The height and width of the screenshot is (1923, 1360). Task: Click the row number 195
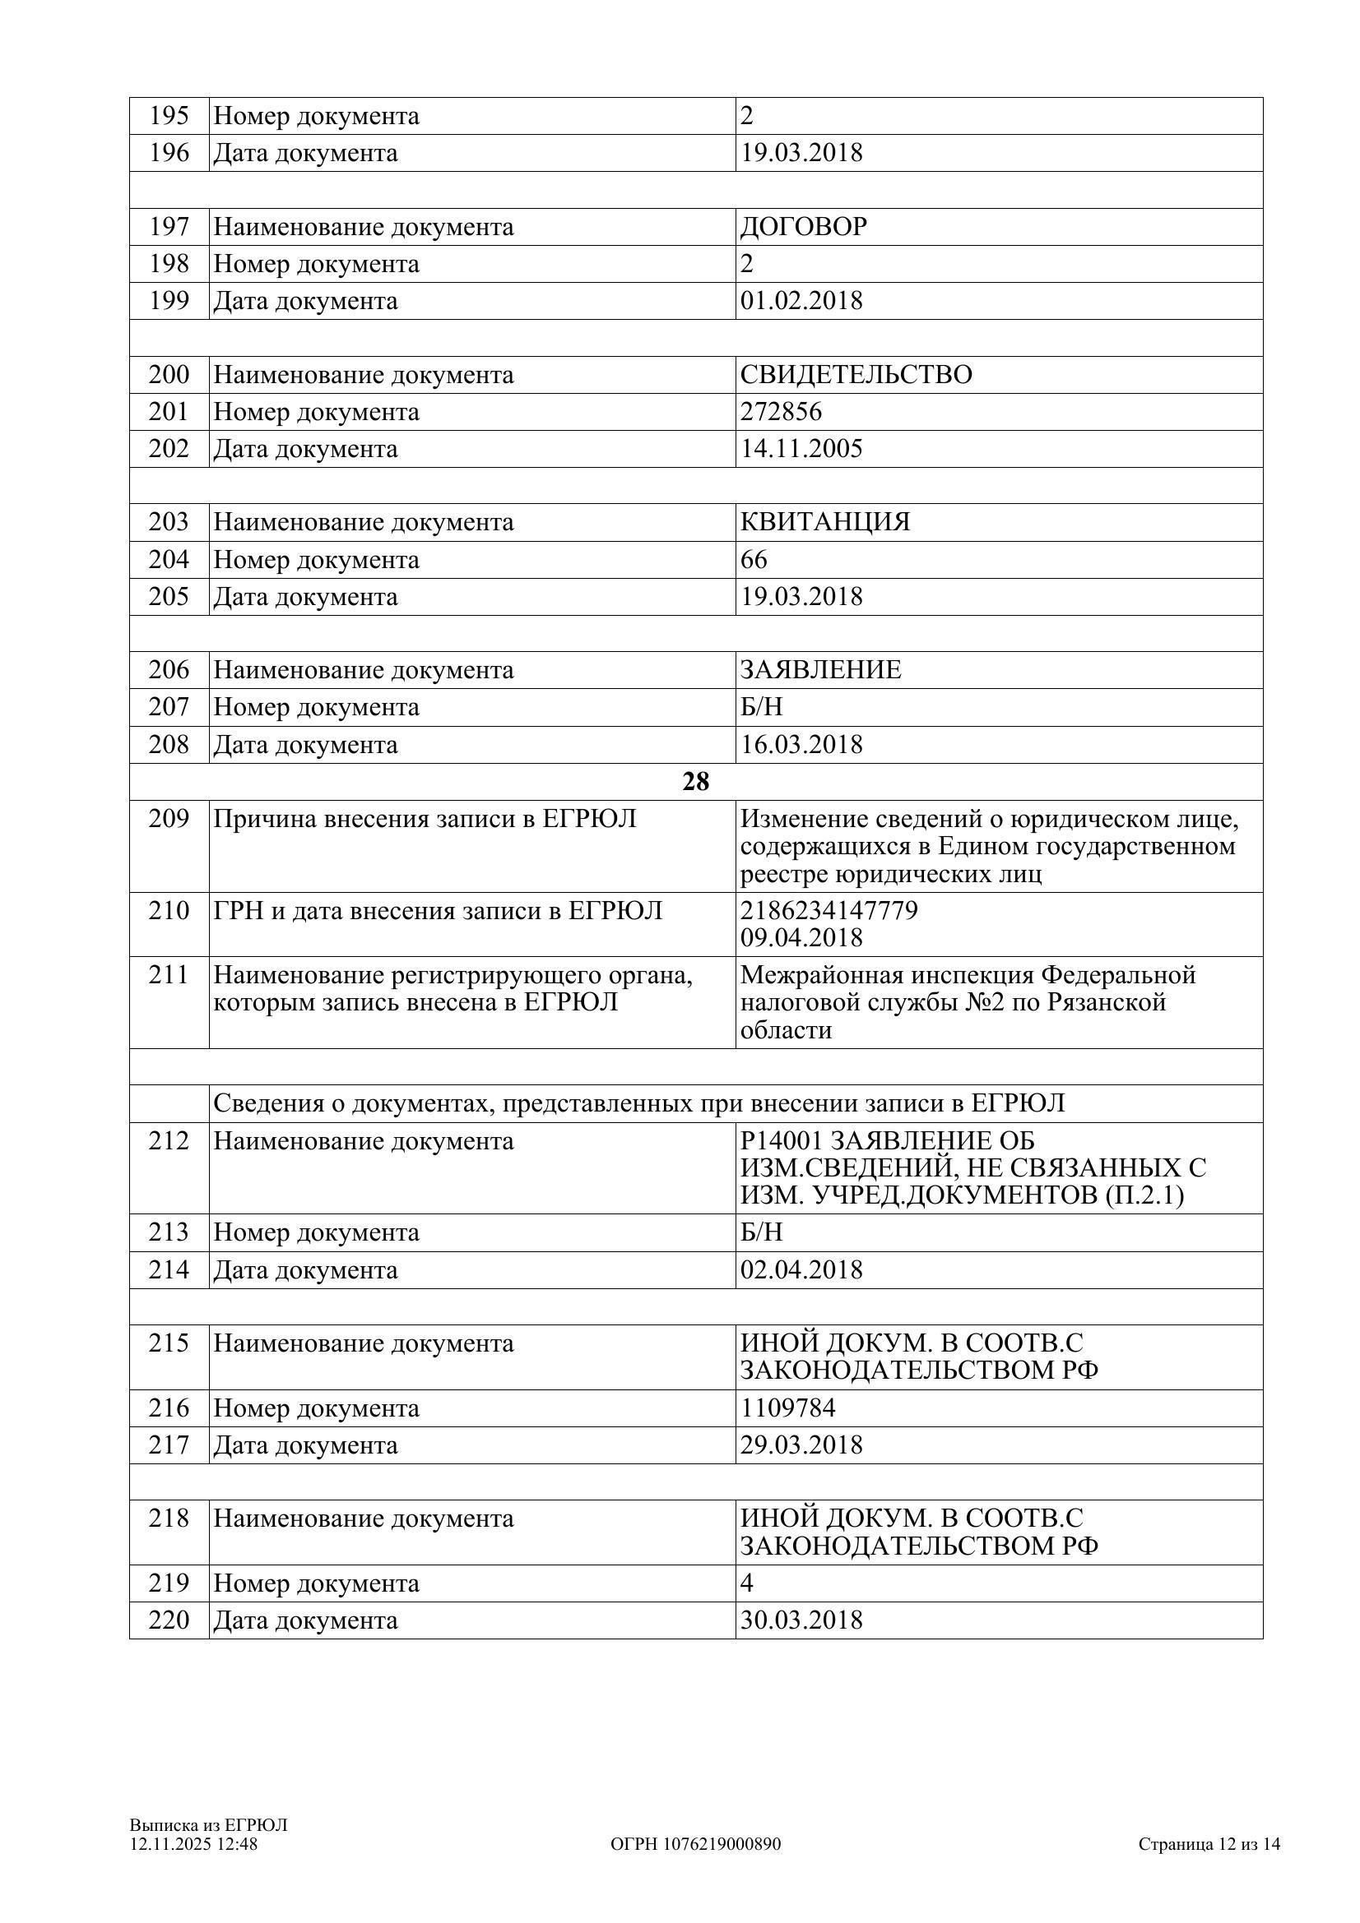pos(169,116)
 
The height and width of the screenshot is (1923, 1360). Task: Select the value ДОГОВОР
pos(803,227)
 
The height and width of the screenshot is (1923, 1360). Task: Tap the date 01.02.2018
pos(801,301)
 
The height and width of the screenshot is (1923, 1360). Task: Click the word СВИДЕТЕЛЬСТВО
pos(856,374)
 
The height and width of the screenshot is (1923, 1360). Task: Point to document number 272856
pos(780,411)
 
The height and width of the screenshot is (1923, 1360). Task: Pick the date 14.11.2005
pos(801,449)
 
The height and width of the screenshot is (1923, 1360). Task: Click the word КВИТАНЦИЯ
pos(824,522)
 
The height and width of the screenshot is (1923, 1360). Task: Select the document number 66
pos(754,560)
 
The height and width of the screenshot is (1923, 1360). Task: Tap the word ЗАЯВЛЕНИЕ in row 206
pos(820,670)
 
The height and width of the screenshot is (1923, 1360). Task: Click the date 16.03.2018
pos(801,745)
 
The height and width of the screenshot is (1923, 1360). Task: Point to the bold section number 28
pos(695,781)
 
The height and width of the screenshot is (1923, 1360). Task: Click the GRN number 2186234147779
pos(829,910)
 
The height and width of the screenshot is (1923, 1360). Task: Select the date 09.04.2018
pos(801,937)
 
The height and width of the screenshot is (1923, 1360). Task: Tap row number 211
pos(169,975)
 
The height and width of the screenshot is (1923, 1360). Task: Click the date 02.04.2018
pos(801,1269)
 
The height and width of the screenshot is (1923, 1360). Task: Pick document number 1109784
pos(787,1408)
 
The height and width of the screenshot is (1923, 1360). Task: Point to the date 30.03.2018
pos(801,1620)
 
